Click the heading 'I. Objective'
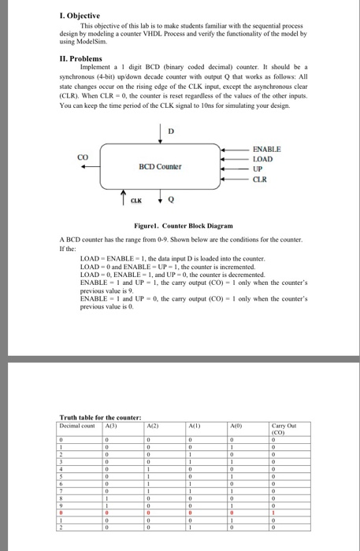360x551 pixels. tap(82, 15)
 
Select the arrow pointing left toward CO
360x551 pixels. tap(105, 166)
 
